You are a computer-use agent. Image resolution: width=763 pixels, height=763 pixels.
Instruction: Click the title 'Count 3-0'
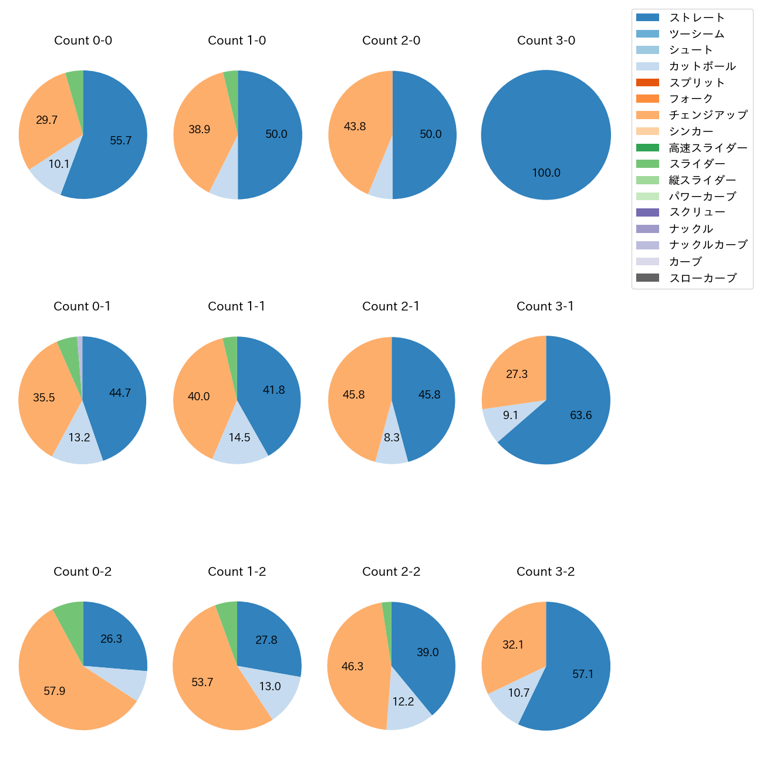546,40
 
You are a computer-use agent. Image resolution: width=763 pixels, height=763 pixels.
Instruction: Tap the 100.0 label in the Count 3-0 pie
546,173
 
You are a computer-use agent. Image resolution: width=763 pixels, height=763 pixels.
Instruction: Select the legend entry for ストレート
697,18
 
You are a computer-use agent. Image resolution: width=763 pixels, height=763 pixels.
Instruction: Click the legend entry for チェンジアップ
708,115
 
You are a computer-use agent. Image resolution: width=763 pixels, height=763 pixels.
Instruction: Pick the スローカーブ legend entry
703,278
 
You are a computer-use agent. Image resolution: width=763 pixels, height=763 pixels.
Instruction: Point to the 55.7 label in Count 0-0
121,140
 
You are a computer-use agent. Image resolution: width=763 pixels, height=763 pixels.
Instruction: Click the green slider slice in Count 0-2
70,615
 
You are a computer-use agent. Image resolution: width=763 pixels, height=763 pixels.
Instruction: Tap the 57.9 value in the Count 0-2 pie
55,691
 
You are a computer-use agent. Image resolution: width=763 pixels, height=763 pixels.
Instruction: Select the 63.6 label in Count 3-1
581,415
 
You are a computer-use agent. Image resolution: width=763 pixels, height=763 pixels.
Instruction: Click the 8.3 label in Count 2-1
392,437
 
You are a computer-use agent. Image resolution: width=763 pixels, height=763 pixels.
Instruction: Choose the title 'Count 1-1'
237,306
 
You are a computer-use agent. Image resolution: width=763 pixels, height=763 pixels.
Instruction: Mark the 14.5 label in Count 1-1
239,437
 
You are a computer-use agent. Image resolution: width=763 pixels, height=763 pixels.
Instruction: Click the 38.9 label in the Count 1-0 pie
200,129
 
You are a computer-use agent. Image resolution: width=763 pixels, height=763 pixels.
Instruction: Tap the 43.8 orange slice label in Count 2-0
355,126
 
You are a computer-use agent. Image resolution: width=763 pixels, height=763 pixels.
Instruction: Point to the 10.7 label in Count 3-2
519,693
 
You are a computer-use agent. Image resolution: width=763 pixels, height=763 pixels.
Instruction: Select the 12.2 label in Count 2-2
403,701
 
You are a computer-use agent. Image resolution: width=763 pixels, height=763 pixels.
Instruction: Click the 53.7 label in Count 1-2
202,682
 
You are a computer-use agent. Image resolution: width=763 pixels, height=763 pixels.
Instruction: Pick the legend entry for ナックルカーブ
708,245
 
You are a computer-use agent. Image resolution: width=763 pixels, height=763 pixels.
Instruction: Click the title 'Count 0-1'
82,306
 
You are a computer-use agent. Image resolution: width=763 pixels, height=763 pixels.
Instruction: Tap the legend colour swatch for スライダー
647,164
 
